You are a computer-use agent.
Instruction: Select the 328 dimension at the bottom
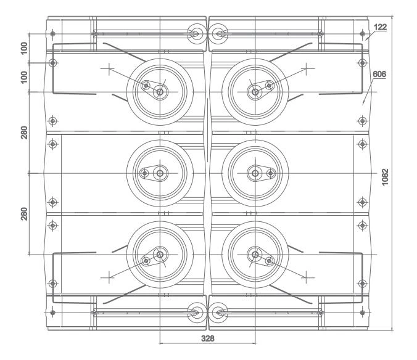tap(207, 338)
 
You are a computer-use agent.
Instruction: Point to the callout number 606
tap(379, 73)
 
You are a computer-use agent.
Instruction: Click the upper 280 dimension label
tap(24, 133)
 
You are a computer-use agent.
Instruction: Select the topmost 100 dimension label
tap(24, 48)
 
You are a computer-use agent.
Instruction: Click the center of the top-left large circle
tap(160, 92)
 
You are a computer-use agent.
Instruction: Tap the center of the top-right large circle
tap(254, 92)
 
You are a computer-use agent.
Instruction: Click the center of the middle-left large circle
tap(160, 174)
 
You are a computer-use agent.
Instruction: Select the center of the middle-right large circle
tap(254, 174)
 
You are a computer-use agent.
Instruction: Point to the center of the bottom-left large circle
tap(160, 255)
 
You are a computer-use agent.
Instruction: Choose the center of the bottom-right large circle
tap(254, 255)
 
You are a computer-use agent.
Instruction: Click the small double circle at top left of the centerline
tap(196, 34)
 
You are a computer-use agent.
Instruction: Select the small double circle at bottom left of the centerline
tap(196, 313)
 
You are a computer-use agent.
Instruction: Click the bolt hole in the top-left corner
tap(53, 33)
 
